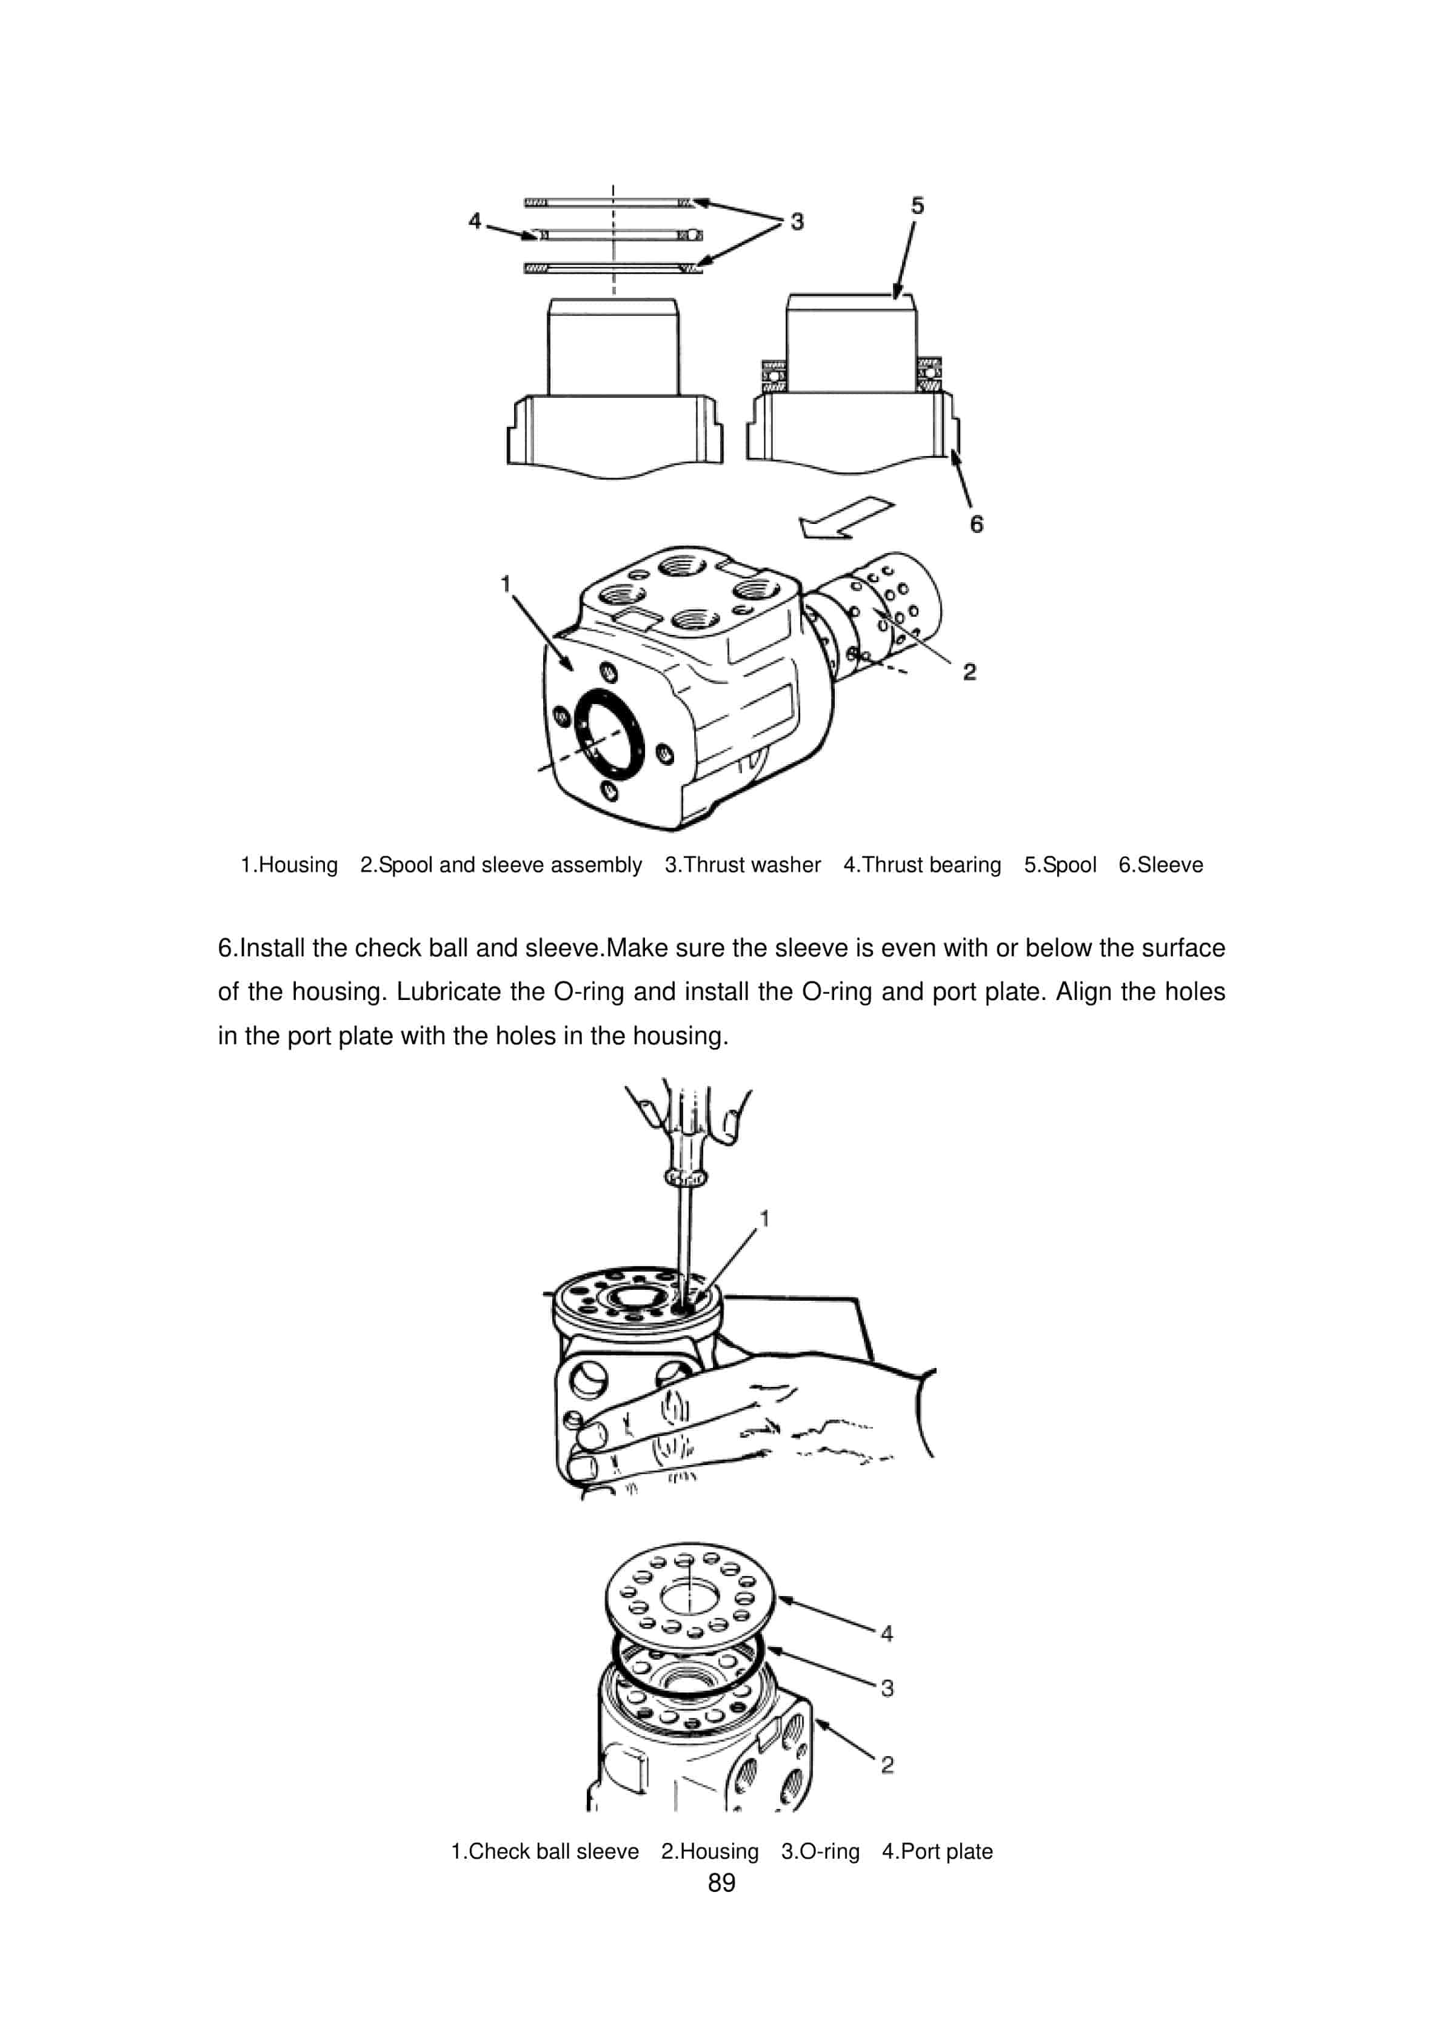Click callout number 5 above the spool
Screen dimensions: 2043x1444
(917, 206)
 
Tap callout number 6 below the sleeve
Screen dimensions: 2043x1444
(976, 524)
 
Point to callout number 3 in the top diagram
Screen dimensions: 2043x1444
(797, 221)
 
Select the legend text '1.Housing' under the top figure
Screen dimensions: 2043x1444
(289, 865)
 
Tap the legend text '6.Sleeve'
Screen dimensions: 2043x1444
(1160, 865)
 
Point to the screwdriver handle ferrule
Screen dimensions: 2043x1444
(685, 1178)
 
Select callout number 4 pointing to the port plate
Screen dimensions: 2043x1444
(886, 1633)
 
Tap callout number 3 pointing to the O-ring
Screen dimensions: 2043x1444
(886, 1688)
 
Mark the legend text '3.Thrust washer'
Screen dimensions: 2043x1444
(742, 865)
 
